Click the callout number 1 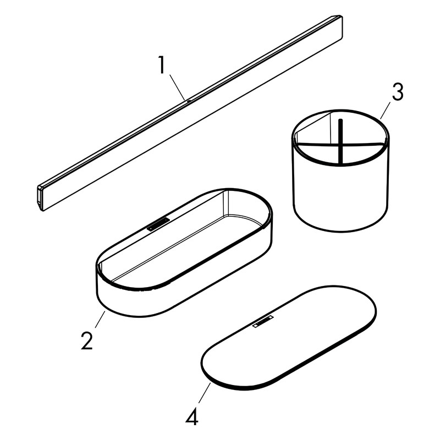(161, 65)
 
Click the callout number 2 (87, 340)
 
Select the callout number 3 (398, 92)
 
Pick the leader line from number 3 (386, 111)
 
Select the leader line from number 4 (205, 393)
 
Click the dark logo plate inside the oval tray (158, 224)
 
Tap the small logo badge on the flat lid (263, 322)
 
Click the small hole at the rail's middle (189, 101)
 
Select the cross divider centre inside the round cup (340, 145)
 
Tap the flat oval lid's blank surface (289, 337)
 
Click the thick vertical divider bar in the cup (340, 142)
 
